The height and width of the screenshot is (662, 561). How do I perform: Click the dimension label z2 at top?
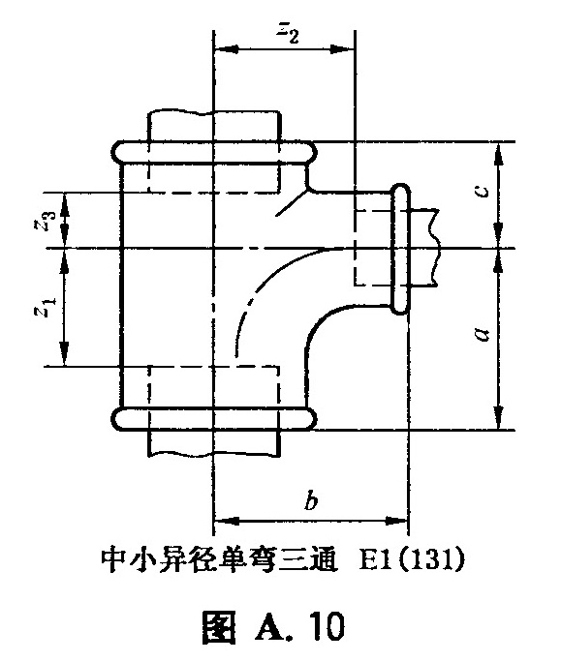(288, 33)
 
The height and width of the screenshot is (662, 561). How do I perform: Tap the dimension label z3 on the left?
(46, 220)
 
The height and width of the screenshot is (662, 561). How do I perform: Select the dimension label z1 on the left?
(46, 307)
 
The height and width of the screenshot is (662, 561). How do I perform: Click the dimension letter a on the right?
(482, 334)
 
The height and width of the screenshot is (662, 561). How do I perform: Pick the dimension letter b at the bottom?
(311, 500)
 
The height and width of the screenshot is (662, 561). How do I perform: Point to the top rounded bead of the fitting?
(214, 151)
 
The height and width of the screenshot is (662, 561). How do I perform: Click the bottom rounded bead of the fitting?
(214, 419)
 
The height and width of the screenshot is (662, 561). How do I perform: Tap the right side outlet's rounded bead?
(400, 249)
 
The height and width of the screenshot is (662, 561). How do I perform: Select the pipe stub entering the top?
(213, 126)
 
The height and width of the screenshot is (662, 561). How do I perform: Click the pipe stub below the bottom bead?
(213, 443)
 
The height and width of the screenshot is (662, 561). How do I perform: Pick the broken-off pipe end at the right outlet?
(423, 248)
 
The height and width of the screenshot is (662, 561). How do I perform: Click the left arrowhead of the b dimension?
(226, 520)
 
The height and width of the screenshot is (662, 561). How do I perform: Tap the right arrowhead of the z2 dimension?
(342, 49)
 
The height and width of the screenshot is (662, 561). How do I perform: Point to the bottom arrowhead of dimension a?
(499, 418)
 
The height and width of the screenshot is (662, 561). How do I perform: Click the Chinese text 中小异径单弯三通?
(220, 560)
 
